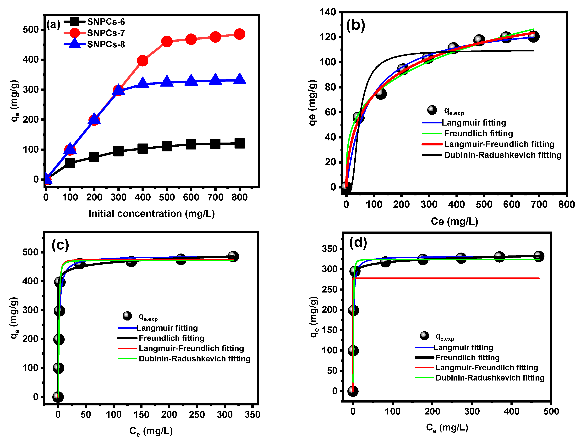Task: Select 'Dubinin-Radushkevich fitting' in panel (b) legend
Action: tap(502, 155)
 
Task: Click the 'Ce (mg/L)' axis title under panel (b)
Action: tap(454, 221)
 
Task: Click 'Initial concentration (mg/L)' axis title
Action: tap(152, 213)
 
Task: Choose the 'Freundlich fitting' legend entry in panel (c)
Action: tap(171, 338)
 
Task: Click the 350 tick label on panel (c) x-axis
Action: tap(252, 415)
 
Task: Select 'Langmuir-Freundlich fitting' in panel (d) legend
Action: tap(486, 368)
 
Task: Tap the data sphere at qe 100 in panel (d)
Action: tap(353, 350)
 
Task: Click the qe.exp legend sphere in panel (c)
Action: tap(127, 315)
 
